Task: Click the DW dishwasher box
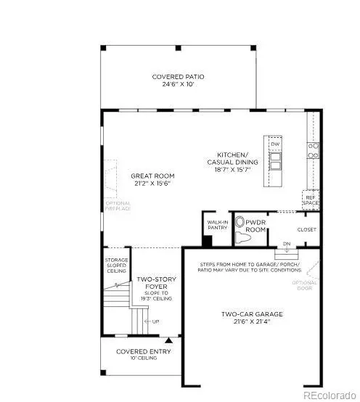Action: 275,144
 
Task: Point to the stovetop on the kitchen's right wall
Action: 314,150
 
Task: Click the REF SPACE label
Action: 311,198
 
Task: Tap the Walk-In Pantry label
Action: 217,226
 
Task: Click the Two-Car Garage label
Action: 252,314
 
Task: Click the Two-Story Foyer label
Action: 153,280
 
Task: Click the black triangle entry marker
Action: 168,339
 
